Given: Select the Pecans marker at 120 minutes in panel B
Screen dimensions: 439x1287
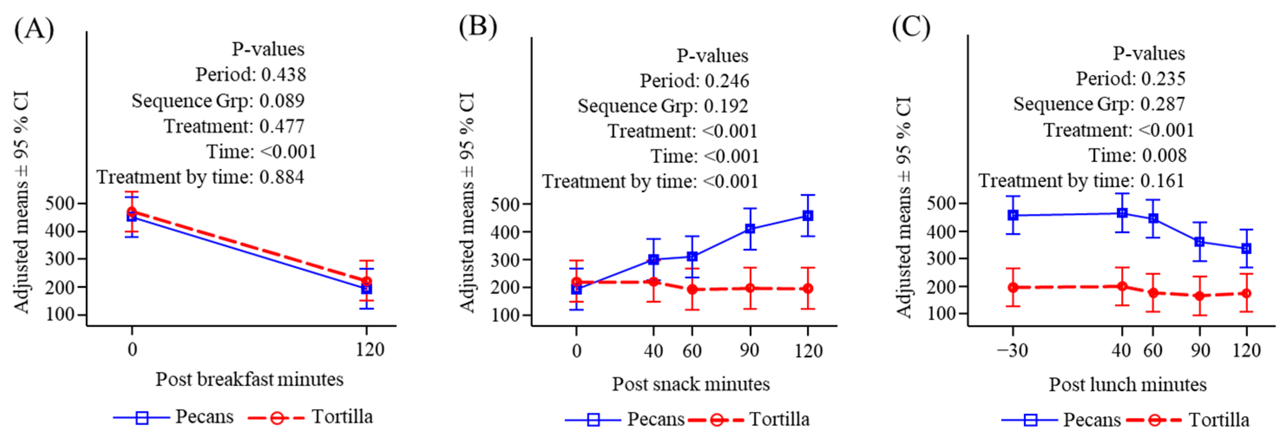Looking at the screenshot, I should (x=808, y=215).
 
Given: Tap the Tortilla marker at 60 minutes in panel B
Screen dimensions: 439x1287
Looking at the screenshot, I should (x=692, y=289).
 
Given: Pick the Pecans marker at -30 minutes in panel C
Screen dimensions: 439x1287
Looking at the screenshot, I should (x=1013, y=215).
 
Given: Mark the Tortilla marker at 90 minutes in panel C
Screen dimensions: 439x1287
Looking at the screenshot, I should (x=1200, y=296).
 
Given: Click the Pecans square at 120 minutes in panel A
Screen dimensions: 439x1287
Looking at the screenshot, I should (x=366, y=288).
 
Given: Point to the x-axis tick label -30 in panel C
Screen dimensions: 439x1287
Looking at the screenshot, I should (x=1012, y=350).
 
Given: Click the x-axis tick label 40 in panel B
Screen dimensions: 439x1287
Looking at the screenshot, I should (x=653, y=351).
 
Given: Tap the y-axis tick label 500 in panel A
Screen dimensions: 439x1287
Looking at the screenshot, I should (x=60, y=203).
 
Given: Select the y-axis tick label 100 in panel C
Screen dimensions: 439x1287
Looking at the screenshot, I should (x=941, y=314).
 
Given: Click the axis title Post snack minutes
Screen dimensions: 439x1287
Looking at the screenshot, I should (x=690, y=384).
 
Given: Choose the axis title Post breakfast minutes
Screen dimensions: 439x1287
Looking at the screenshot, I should (x=250, y=380).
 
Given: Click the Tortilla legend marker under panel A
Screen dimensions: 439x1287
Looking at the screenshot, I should (x=276, y=417).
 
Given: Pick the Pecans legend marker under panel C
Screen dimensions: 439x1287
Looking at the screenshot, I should (x=1030, y=420).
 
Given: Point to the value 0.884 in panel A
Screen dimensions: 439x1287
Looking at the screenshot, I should (x=281, y=177).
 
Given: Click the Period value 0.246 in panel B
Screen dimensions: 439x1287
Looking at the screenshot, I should (x=727, y=81).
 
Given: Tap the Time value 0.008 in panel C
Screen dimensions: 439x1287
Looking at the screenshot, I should (x=1164, y=155).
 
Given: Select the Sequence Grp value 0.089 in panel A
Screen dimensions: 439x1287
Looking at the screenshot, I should (x=282, y=101).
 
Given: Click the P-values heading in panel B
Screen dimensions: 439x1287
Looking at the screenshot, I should (x=712, y=56).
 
